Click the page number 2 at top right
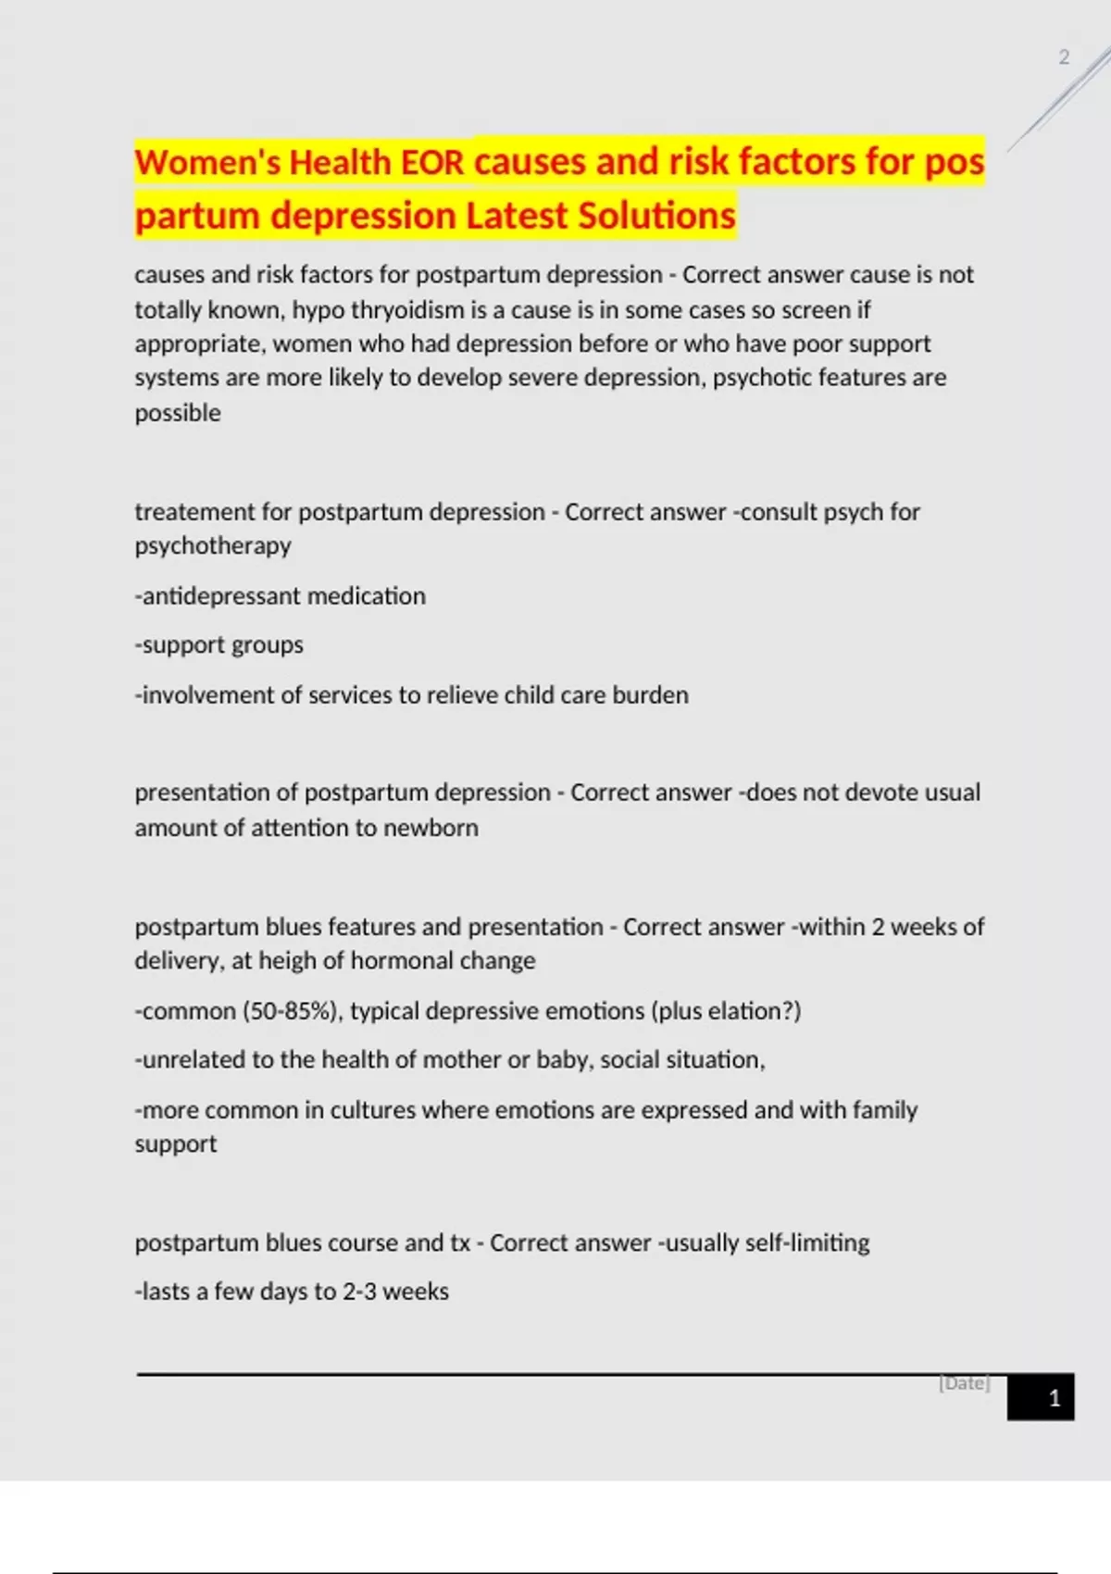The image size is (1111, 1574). (x=1064, y=57)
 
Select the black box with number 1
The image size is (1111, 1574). (x=1041, y=1397)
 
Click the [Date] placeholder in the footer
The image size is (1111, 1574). (x=965, y=1383)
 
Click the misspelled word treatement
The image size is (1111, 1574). (x=194, y=512)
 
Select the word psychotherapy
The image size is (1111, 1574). (x=213, y=546)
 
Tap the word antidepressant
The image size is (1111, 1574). (x=220, y=596)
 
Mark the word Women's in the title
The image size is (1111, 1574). (x=209, y=163)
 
